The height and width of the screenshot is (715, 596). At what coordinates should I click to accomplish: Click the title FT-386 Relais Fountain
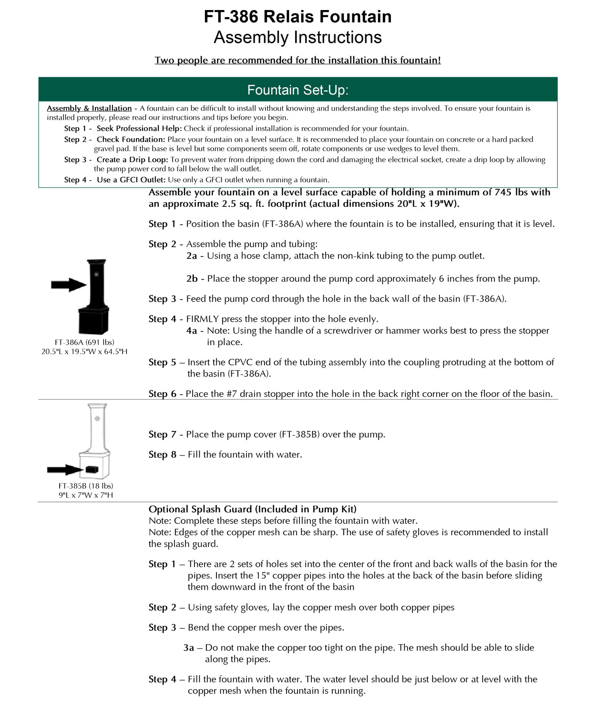click(x=298, y=17)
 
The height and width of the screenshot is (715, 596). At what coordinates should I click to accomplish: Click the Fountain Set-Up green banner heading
click(x=298, y=90)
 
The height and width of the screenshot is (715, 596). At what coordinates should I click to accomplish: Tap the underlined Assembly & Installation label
click(x=89, y=108)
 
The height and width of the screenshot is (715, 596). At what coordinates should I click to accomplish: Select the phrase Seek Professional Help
click(x=139, y=128)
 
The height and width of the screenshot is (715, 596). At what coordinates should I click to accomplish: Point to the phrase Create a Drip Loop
click(x=132, y=160)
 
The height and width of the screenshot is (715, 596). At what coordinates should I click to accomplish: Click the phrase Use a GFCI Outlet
click(x=131, y=180)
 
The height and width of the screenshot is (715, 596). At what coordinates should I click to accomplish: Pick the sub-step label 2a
click(x=192, y=256)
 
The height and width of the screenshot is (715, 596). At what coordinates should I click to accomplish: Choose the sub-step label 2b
click(x=192, y=279)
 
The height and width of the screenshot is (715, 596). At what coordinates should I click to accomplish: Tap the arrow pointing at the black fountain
click(x=68, y=285)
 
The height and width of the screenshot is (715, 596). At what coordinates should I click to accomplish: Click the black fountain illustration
click(x=95, y=296)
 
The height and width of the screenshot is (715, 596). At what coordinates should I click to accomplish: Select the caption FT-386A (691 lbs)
click(x=84, y=342)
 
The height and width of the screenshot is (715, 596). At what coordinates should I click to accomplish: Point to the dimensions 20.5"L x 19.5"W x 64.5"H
click(x=84, y=352)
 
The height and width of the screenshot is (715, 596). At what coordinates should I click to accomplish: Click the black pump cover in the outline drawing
click(x=92, y=470)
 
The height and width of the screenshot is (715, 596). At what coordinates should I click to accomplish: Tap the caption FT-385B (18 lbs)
click(x=86, y=486)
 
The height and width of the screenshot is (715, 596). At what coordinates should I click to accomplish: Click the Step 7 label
click(x=162, y=434)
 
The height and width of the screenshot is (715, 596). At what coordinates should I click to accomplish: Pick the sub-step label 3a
click(x=189, y=648)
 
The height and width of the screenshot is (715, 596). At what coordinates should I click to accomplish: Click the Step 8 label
click(x=162, y=455)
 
